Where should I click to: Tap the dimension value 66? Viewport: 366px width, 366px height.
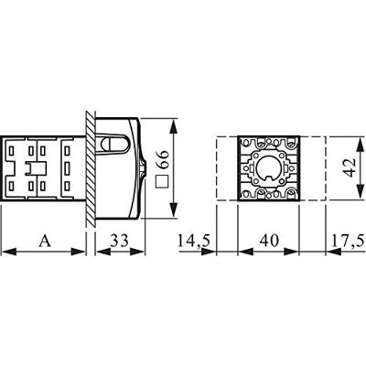pos(163,161)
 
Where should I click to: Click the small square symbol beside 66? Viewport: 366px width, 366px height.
pos(163,182)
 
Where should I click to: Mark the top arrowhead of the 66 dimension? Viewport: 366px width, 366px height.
pos(175,122)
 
